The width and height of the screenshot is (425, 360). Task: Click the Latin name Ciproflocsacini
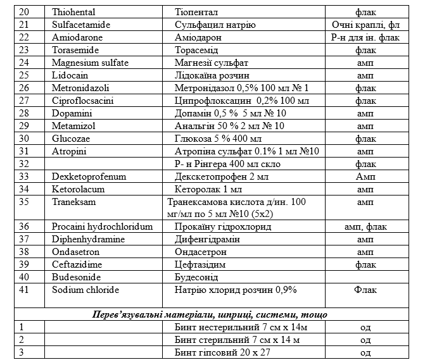click(83, 100)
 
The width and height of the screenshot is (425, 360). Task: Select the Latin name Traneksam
click(72, 201)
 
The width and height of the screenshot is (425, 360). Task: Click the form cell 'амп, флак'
click(365, 226)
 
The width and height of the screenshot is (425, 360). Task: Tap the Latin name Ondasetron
click(77, 251)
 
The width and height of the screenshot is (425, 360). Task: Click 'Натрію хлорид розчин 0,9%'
click(236, 290)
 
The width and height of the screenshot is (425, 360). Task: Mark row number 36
click(25, 226)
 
